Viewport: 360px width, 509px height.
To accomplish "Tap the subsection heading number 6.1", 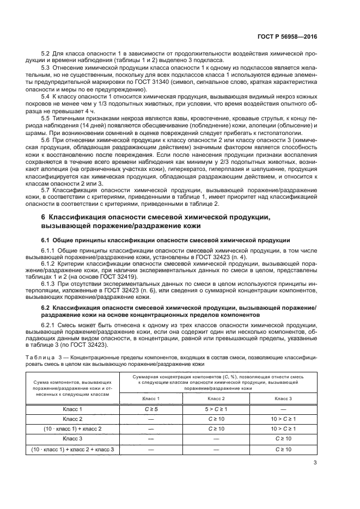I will point(47,240).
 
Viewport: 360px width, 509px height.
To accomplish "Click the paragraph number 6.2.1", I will point(50,325).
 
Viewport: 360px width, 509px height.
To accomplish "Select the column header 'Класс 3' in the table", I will point(282,399).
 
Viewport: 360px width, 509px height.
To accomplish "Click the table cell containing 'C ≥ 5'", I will point(151,409).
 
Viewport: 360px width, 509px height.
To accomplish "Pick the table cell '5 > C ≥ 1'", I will point(217,409).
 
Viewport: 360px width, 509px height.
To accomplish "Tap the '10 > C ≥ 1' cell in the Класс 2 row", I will point(282,419).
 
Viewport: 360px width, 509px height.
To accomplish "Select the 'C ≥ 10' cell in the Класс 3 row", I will point(282,439).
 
